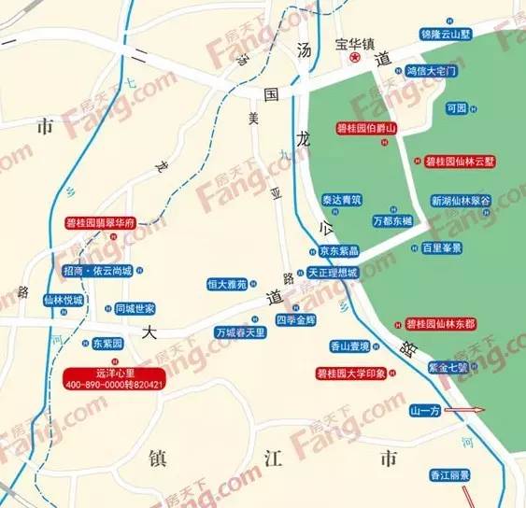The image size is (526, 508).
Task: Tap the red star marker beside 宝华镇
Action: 355,58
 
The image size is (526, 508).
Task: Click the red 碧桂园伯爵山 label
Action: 366,128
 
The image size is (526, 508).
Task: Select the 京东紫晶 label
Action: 338,251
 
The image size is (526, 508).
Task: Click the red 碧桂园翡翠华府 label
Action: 101,224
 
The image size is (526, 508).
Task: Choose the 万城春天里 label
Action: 241,332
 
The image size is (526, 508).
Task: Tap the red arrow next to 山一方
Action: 465,410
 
